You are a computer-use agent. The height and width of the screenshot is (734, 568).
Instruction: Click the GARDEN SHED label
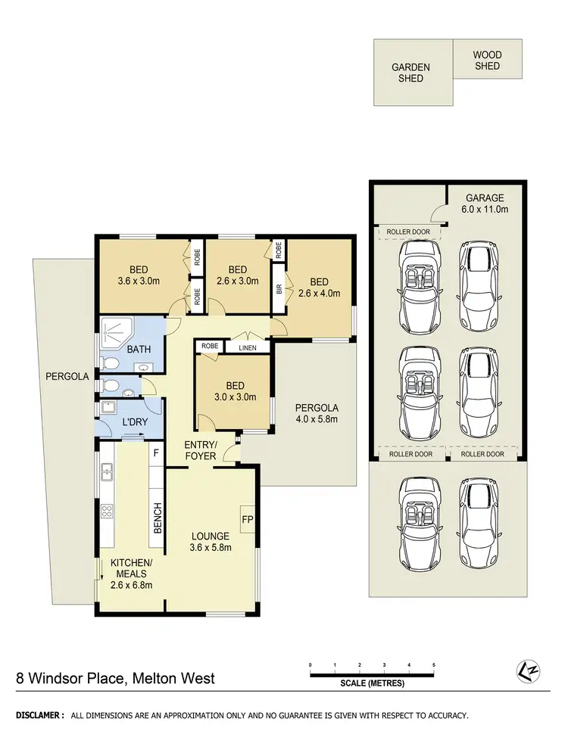point(410,73)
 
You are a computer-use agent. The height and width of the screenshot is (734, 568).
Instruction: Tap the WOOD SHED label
point(487,61)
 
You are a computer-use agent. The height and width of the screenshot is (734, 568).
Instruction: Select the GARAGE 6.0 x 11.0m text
point(485,204)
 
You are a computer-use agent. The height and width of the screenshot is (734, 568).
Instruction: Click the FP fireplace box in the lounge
point(248,520)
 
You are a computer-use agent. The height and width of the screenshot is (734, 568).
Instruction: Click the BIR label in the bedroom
point(279,288)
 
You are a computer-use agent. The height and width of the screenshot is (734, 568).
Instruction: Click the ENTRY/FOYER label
point(201,450)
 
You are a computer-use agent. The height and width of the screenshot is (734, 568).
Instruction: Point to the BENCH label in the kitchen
point(158,518)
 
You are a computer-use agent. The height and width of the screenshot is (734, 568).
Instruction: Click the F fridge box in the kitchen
point(157,454)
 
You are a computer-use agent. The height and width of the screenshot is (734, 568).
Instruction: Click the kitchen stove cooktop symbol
point(107,510)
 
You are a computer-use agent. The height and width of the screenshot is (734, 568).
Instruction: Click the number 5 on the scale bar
point(434,665)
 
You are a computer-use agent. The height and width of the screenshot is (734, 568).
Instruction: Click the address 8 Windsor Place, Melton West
point(115,678)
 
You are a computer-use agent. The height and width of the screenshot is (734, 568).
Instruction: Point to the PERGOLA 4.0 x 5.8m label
point(316,413)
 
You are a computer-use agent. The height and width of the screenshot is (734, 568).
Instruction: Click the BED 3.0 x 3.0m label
point(234,391)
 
